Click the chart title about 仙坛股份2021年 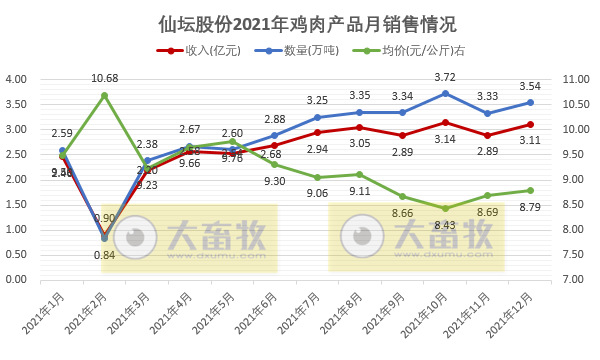(300, 22)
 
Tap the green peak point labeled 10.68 (104, 95)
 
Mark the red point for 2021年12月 (530, 124)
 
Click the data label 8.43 (444, 225)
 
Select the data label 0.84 (103, 254)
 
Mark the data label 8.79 (530, 207)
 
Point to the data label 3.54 (530, 86)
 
